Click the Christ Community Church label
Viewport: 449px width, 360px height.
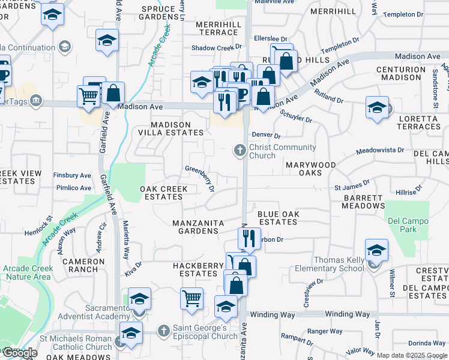282,151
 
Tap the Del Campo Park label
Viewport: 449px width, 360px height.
408,225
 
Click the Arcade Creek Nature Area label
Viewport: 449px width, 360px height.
26,272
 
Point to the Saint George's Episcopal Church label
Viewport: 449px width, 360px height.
206,332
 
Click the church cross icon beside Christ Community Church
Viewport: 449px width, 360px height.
240,150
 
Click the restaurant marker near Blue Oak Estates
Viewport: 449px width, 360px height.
251,237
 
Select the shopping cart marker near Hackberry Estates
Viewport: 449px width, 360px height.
191,296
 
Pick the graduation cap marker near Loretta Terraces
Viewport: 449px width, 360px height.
377,107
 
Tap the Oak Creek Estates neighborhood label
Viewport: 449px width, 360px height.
164,193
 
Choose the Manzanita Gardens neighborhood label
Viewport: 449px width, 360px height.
198,227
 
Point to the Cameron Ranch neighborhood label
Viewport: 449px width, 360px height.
83,265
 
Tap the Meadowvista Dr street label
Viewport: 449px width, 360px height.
380,151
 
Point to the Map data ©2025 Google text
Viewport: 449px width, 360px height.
411,355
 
